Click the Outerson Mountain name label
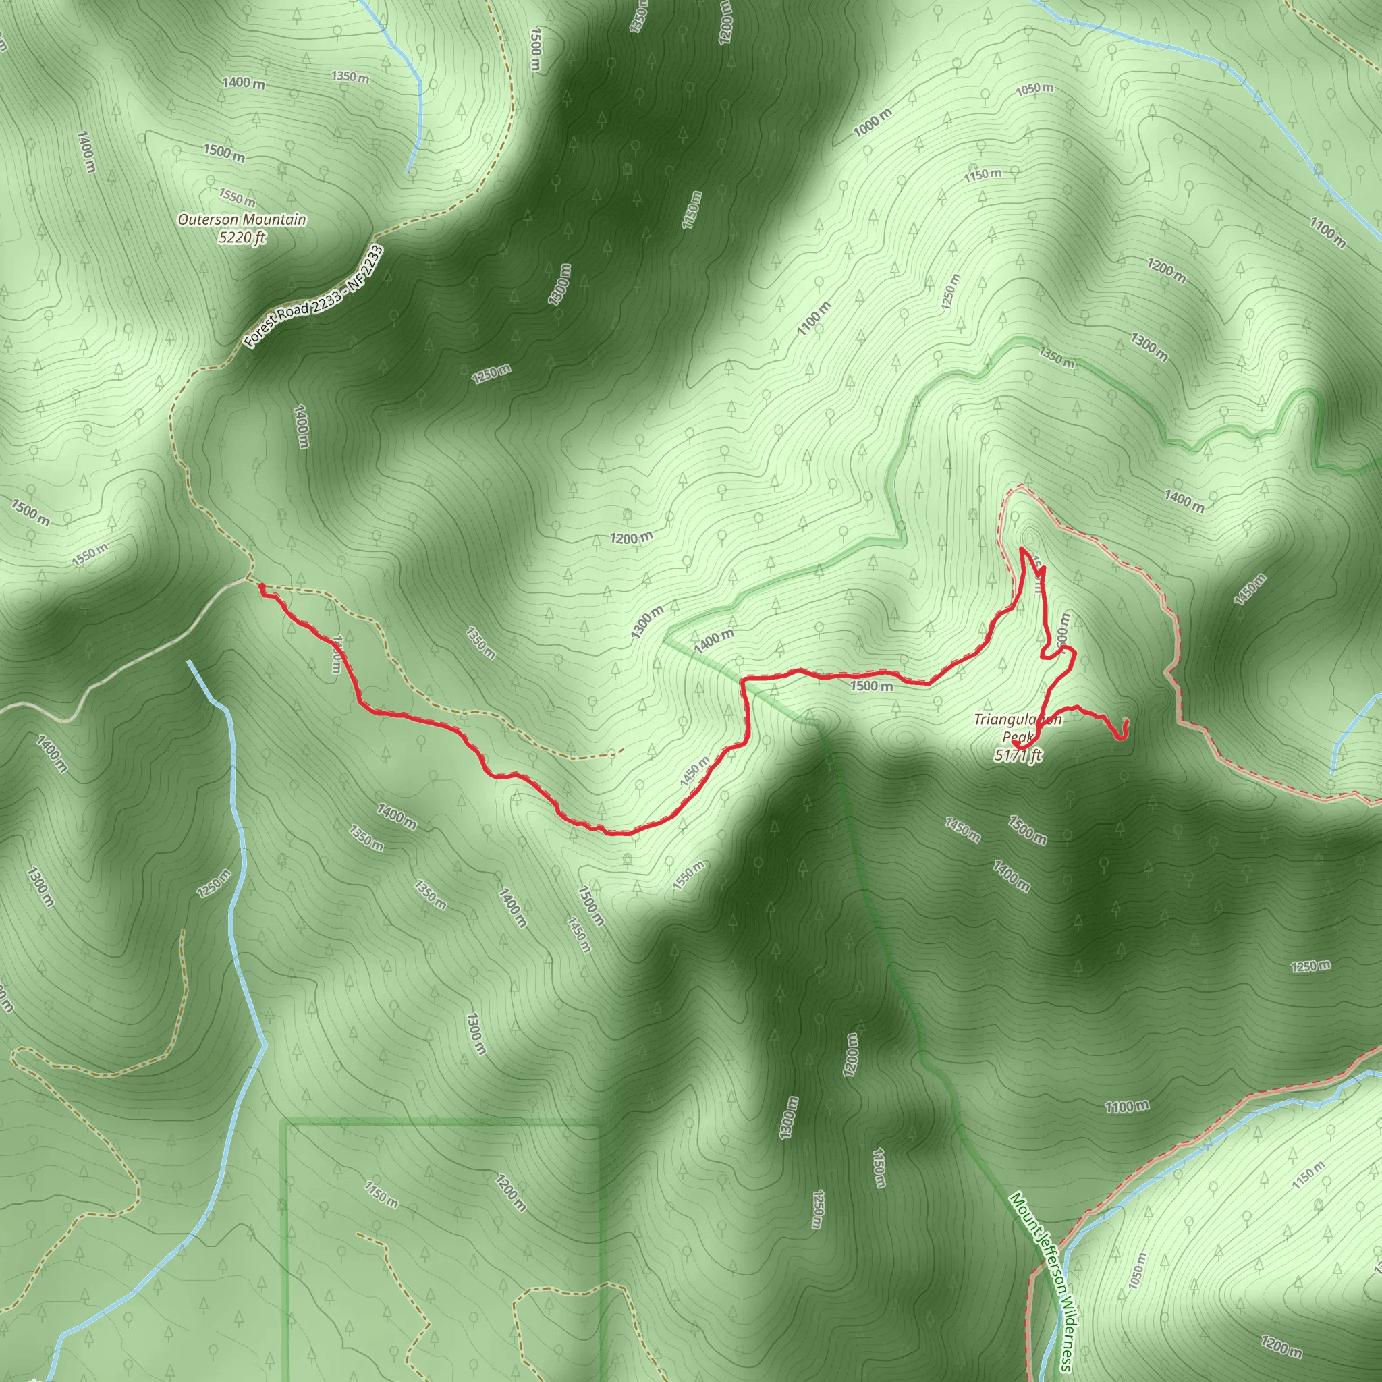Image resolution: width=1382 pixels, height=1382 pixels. click(242, 219)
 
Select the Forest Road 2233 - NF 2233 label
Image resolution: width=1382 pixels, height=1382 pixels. click(312, 297)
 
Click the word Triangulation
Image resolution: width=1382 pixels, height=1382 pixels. click(1018, 719)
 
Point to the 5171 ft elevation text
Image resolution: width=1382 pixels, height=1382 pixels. click(1018, 754)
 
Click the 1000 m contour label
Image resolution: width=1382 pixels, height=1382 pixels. click(873, 123)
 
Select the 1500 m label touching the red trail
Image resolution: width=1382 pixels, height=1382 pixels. click(871, 686)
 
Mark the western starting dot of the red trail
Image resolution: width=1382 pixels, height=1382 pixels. click(262, 587)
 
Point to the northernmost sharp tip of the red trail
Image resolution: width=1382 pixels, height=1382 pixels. click(1022, 549)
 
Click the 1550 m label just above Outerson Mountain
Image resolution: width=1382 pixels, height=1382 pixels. click(237, 197)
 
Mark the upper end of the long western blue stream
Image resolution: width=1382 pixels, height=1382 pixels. click(189, 662)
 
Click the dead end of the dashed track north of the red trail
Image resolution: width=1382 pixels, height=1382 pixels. click(622, 750)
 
